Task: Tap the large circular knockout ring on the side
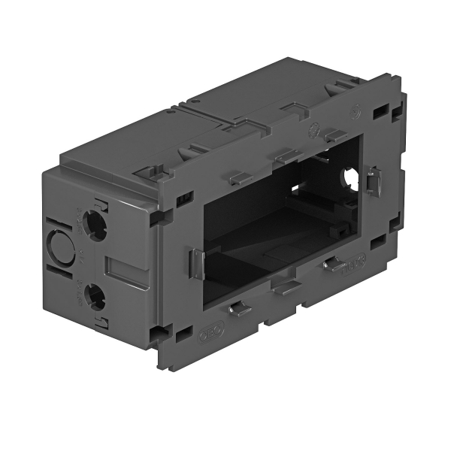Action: tap(58, 244)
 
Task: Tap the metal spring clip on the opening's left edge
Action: tap(195, 264)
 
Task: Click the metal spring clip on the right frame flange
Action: tap(376, 181)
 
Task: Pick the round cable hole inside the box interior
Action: tap(350, 178)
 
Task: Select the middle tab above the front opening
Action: tap(288, 156)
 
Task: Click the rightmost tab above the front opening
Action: tap(335, 135)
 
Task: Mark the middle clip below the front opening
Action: tap(285, 286)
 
